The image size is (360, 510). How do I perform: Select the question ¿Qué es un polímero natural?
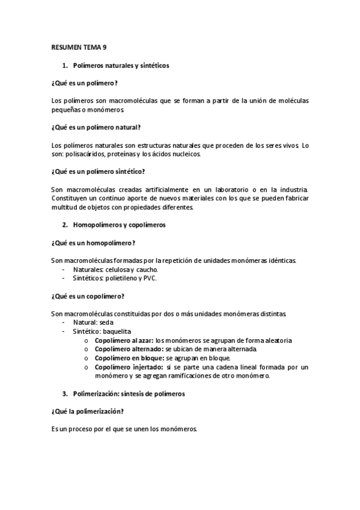click(96, 127)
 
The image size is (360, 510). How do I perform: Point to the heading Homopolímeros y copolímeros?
click(119, 225)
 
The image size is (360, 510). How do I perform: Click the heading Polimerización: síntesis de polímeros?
click(129, 394)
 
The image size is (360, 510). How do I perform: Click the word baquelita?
click(117, 331)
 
